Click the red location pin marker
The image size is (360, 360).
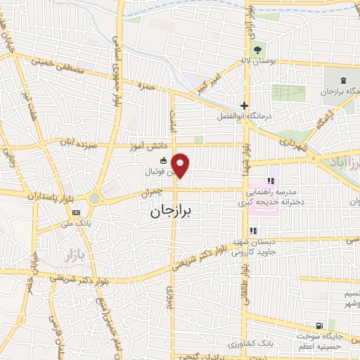181,165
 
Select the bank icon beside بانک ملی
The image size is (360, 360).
76,212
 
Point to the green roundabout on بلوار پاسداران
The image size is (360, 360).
94,199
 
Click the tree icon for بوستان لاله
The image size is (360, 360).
256,49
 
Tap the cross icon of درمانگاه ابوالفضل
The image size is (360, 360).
244,105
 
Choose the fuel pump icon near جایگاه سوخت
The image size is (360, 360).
321,326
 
